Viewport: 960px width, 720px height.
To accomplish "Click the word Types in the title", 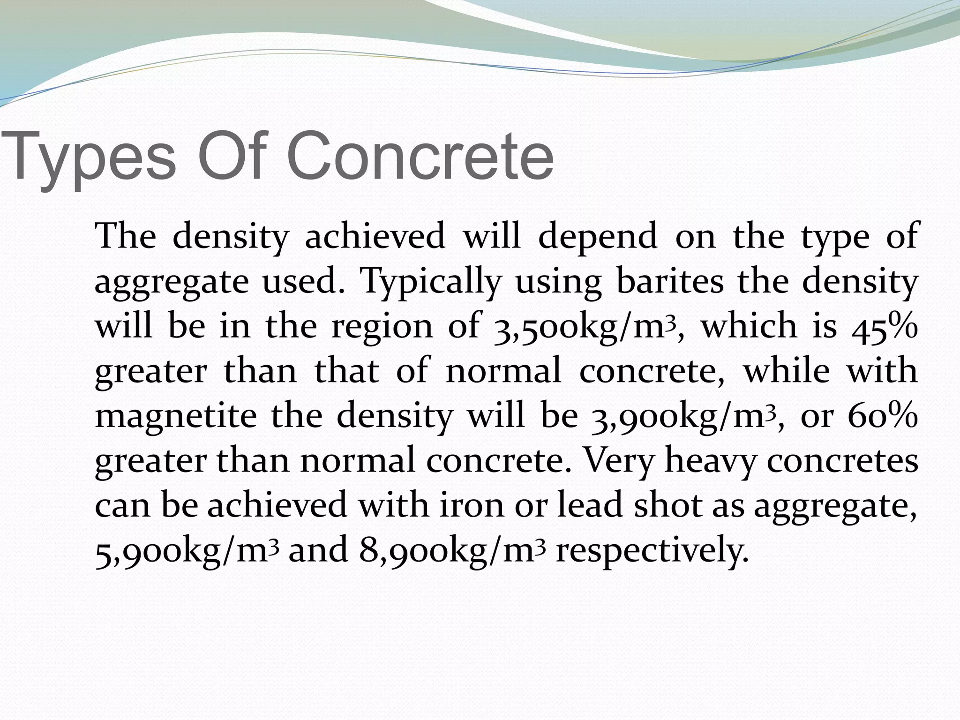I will [89, 157].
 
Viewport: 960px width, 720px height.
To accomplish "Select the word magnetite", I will [175, 416].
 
